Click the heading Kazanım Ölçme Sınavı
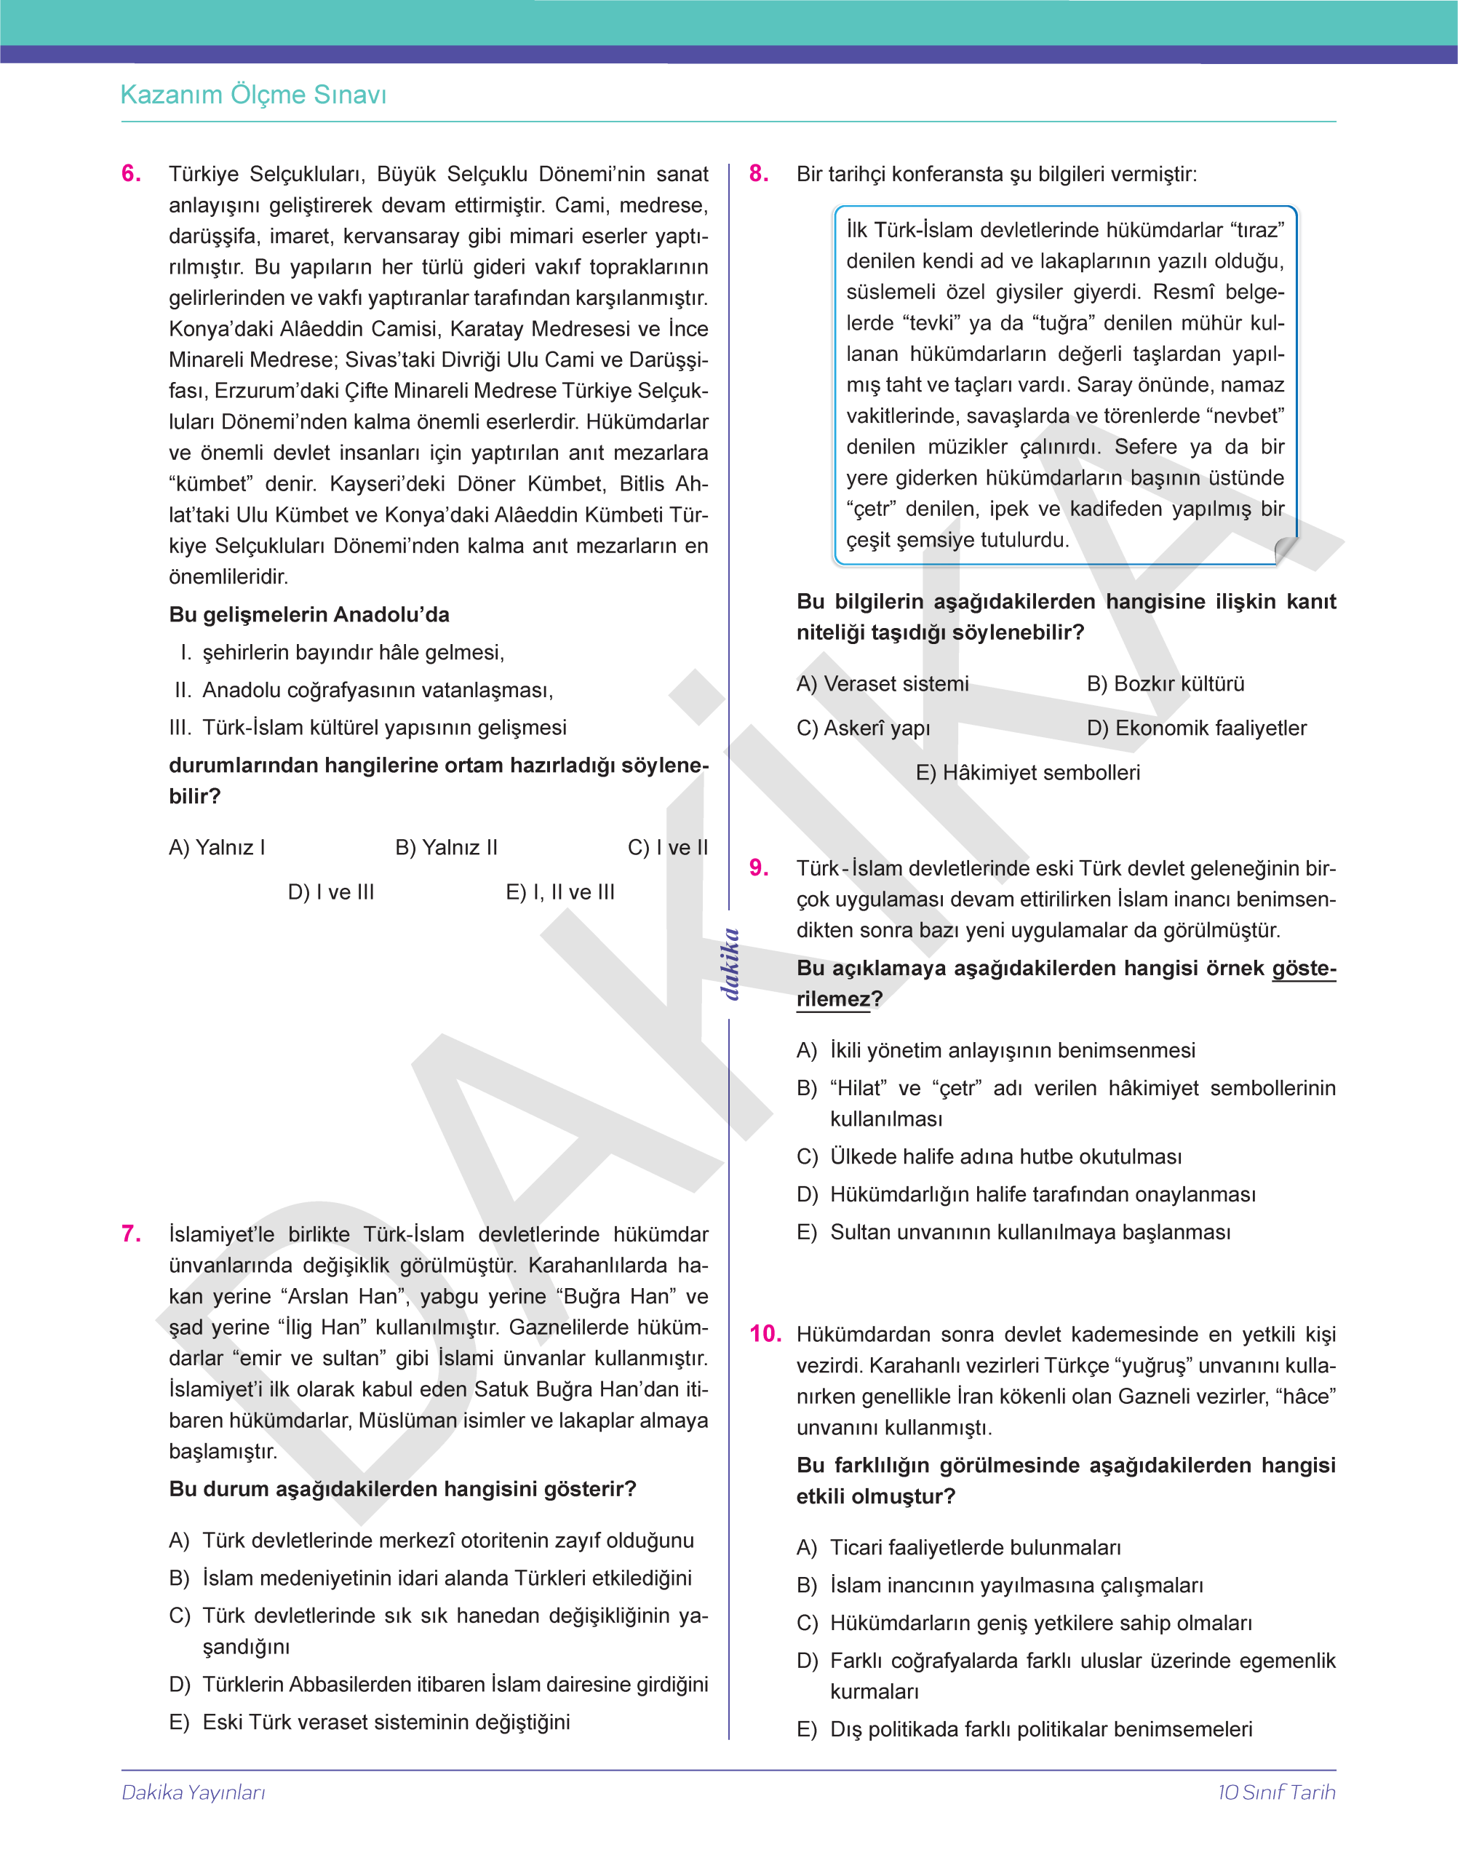pyautogui.click(x=253, y=95)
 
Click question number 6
pyautogui.click(x=132, y=173)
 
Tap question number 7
pyautogui.click(x=132, y=1234)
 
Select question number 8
pyautogui.click(x=759, y=173)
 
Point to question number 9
pyautogui.click(x=759, y=867)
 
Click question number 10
pyautogui.click(x=765, y=1334)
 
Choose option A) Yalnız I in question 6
pyautogui.click(x=217, y=848)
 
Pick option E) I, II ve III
pyautogui.click(x=560, y=892)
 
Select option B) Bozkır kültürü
pyautogui.click(x=1166, y=684)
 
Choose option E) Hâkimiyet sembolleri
pyautogui.click(x=1028, y=773)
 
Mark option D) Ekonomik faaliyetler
pyautogui.click(x=1196, y=728)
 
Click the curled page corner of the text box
pyautogui.click(x=1285, y=550)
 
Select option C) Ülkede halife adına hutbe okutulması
pyautogui.click(x=989, y=1157)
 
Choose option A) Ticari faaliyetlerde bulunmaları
pyautogui.click(x=959, y=1547)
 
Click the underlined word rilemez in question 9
pyautogui.click(x=833, y=1000)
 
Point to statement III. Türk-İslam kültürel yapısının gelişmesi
pyautogui.click(x=368, y=728)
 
